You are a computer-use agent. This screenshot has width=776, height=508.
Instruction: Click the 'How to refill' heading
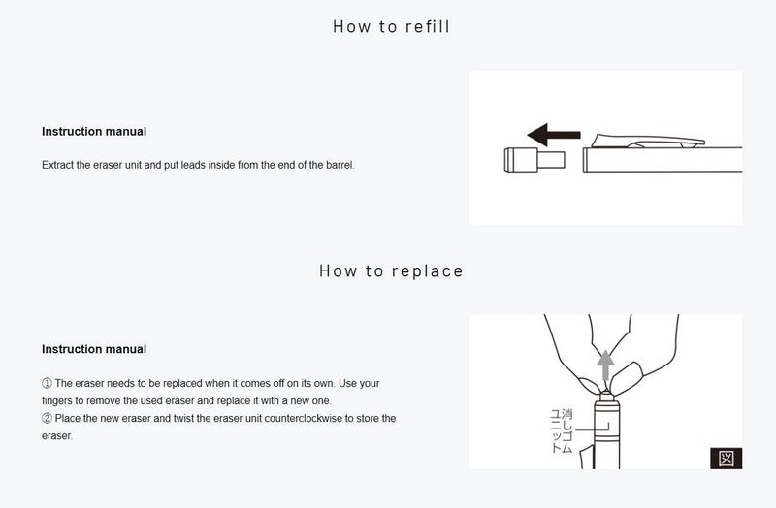tap(391, 26)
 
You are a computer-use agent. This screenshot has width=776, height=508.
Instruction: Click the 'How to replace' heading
tap(391, 270)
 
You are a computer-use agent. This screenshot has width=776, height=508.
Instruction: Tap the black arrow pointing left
tap(554, 135)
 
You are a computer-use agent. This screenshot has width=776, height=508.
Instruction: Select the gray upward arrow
tap(605, 365)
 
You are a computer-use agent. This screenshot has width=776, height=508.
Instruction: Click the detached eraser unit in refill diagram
tap(534, 160)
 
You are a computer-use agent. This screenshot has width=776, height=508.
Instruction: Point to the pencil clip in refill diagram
tap(648, 141)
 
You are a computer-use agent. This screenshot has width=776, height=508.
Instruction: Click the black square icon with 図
tap(726, 458)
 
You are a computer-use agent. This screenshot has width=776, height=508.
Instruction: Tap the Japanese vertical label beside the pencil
tap(562, 430)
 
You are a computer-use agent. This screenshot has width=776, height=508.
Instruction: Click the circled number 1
tap(47, 383)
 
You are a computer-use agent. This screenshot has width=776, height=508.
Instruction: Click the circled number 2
tap(47, 419)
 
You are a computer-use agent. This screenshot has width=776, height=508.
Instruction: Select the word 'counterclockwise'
tap(303, 419)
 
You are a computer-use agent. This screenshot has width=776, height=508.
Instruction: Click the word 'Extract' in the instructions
tap(57, 165)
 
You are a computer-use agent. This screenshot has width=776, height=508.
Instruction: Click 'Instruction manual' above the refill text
tap(94, 132)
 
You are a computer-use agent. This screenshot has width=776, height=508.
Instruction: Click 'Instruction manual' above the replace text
tap(94, 349)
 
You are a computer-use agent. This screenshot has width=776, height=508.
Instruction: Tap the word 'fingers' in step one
tap(57, 400)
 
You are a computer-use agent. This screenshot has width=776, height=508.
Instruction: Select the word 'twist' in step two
tap(183, 419)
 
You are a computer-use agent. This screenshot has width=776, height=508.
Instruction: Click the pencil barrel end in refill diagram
tap(586, 160)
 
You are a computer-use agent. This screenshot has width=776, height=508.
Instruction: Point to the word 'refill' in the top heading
tap(427, 26)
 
